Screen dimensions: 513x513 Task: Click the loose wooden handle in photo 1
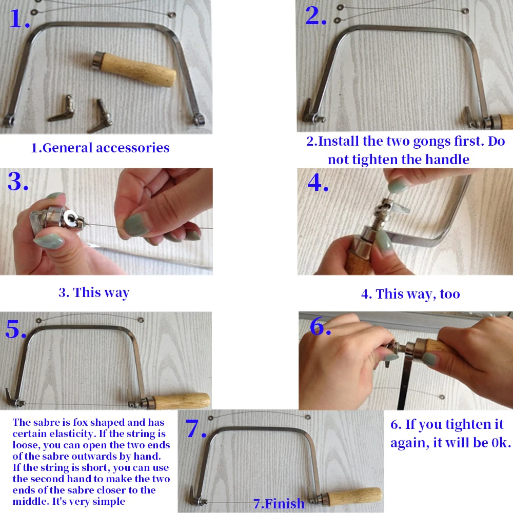134,69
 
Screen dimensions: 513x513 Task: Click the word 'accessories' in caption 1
133,148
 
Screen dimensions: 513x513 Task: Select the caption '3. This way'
94,292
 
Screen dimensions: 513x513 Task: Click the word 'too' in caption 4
450,294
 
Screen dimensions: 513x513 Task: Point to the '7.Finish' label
279,504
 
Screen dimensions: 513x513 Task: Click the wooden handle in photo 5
181,402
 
